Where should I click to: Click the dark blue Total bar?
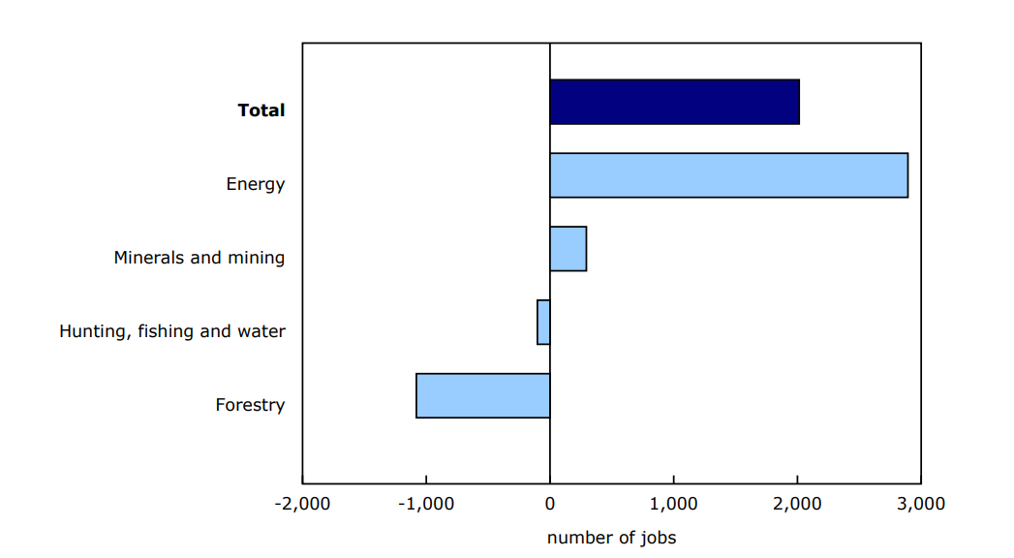pos(674,102)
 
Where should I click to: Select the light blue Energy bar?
pos(728,175)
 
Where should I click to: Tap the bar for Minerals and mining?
pos(568,249)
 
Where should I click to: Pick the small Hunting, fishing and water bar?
pos(543,323)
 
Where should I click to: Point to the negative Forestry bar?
pos(482,396)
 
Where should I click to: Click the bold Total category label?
pos(261,110)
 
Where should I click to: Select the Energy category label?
pos(256,184)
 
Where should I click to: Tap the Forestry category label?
pos(250,405)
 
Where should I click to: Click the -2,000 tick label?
pos(302,504)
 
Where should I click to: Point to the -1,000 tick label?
pos(426,504)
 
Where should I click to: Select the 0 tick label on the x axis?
pos(550,504)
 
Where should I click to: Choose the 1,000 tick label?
pos(674,504)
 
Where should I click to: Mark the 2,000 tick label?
pos(797,504)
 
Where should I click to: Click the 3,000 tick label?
pos(921,504)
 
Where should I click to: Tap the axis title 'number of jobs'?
pos(611,538)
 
